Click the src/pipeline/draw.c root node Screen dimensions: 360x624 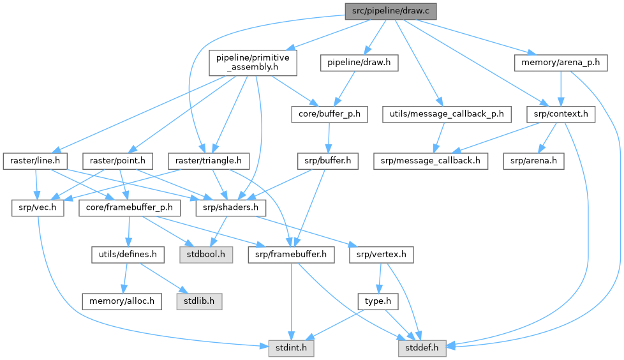391,11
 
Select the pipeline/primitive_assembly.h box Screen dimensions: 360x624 253,62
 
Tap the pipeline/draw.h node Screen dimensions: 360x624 358,63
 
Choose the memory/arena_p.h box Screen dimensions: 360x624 560,63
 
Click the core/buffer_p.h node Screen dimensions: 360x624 329,115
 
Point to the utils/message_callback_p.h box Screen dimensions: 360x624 447,115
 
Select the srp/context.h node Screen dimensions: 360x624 561,115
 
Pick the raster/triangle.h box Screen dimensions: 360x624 199,160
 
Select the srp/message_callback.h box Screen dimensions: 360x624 430,160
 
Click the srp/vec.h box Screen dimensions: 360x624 38,208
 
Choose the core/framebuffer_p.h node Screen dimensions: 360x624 130,208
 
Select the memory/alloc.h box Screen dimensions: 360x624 121,300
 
